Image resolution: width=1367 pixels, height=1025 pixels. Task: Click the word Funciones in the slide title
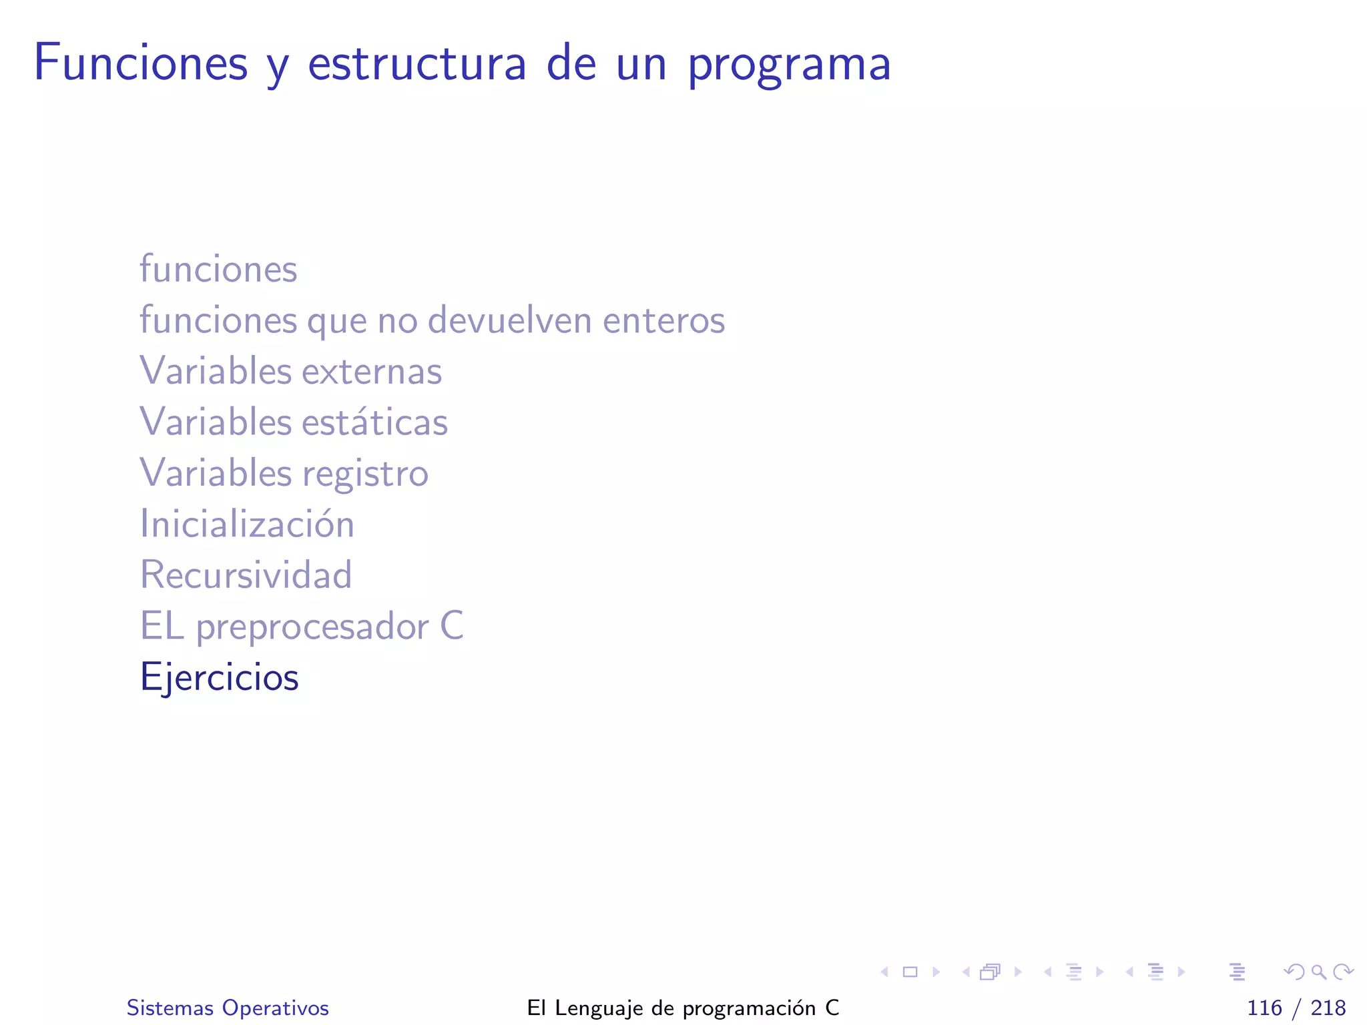point(141,63)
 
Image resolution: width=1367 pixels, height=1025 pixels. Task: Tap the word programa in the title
point(789,65)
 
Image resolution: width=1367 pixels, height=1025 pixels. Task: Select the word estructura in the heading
point(417,64)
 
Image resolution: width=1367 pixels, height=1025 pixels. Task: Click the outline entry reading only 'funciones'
point(218,269)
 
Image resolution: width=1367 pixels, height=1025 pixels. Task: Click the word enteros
point(663,320)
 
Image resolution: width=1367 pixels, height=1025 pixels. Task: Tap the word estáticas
point(374,422)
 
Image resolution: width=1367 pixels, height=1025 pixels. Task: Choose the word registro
point(365,474)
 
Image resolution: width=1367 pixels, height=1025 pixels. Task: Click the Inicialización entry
point(247,524)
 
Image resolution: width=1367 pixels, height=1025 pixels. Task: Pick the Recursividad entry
point(246,575)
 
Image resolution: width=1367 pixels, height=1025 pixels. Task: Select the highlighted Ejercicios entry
point(219,677)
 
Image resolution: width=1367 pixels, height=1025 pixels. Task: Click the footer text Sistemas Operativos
point(228,1008)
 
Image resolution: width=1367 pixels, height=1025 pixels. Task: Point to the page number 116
point(1264,1008)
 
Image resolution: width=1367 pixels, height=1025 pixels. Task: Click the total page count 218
point(1328,1008)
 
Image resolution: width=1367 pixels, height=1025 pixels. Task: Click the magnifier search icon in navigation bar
point(1318,972)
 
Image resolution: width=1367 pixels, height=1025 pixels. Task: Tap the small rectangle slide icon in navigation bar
point(910,972)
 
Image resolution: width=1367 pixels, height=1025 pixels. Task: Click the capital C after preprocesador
point(452,626)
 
